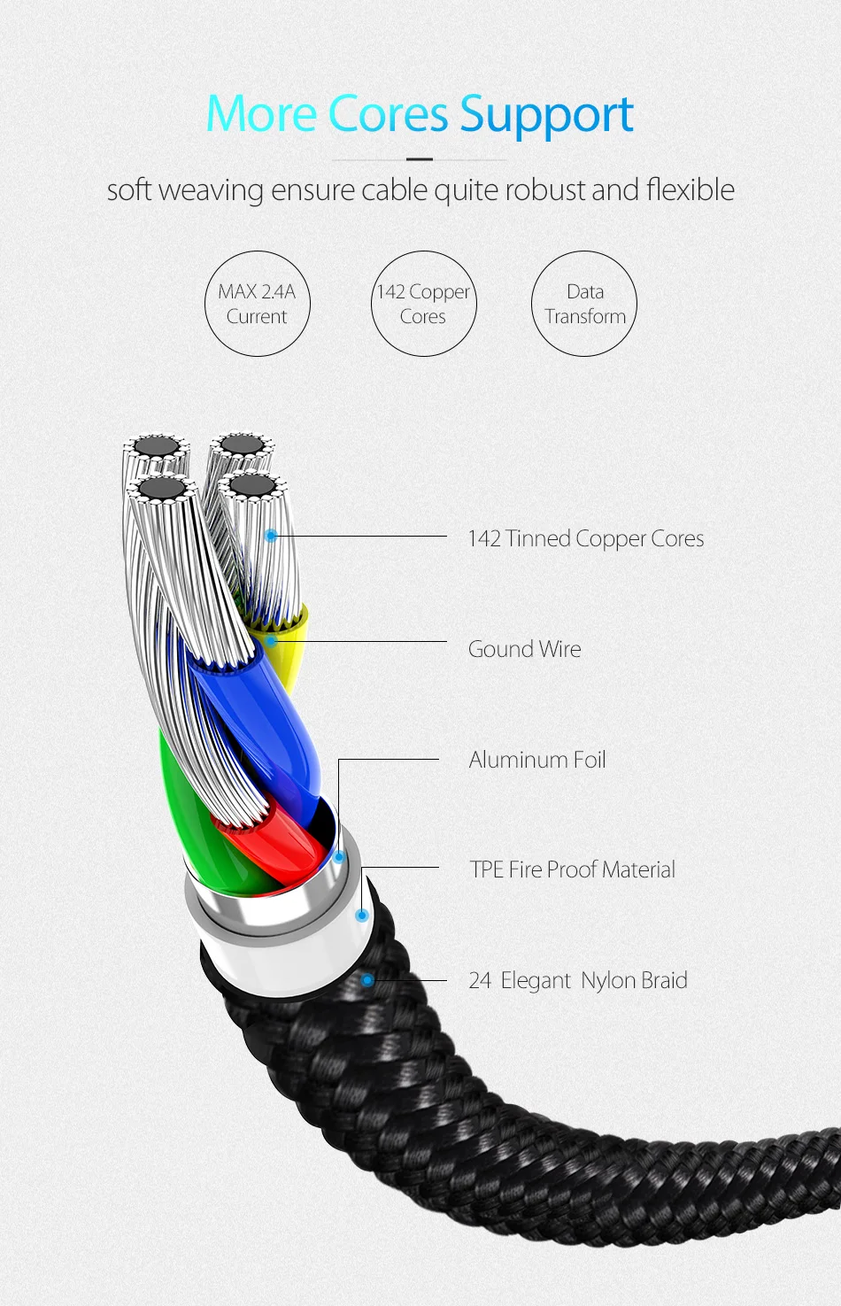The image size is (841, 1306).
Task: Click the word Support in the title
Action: point(546,115)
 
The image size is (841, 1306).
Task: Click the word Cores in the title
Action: point(388,115)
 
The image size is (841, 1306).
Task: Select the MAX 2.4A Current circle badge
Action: point(257,304)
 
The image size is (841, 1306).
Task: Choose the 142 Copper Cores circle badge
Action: point(423,304)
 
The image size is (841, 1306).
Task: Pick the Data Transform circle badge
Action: point(584,304)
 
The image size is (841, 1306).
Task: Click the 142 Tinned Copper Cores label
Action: point(585,538)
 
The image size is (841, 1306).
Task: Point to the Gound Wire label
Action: point(524,649)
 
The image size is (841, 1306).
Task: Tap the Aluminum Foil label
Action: point(536,760)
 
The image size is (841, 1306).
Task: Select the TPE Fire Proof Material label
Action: point(572,869)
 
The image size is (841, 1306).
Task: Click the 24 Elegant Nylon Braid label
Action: point(577,980)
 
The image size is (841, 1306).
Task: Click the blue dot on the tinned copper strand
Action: point(271,536)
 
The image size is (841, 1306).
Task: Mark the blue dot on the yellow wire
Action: point(271,640)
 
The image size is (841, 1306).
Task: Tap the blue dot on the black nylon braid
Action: point(367,980)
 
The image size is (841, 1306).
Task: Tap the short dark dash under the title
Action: point(419,159)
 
